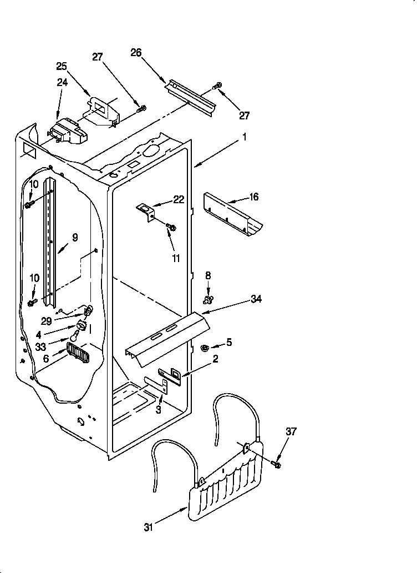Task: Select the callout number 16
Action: click(254, 197)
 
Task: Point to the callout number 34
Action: click(256, 299)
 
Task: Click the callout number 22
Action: click(179, 200)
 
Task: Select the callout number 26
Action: click(136, 53)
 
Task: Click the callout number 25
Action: click(62, 66)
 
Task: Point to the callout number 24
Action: click(62, 83)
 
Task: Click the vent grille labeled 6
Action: click(77, 352)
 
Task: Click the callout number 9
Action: click(75, 237)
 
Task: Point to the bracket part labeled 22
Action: click(146, 210)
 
